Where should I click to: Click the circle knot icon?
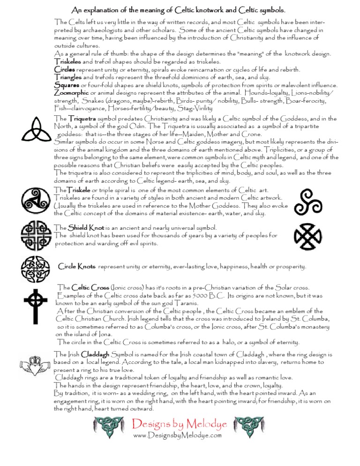[33, 269]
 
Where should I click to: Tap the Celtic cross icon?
[33, 308]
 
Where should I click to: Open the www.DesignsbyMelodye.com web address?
[177, 436]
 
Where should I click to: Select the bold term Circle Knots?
[77, 267]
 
